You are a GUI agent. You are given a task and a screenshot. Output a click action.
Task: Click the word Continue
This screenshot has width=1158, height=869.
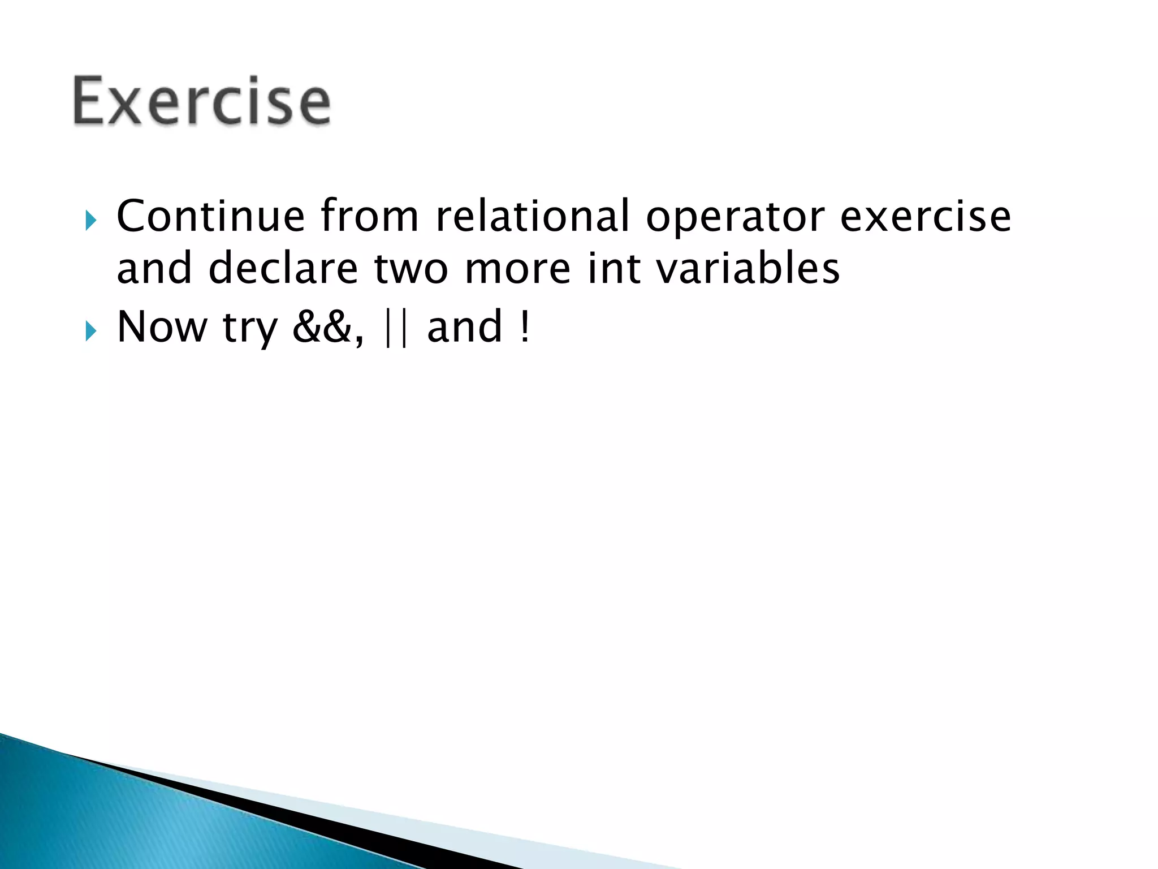tap(210, 216)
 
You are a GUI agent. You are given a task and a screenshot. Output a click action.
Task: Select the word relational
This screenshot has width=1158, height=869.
tap(532, 216)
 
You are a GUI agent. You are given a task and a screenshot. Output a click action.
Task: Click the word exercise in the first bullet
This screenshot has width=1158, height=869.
tap(925, 216)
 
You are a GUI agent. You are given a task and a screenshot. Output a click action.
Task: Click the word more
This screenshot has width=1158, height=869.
tap(517, 269)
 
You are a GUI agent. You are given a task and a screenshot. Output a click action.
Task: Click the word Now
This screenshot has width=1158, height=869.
tap(162, 327)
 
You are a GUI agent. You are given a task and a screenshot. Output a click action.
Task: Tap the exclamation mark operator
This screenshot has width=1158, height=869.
tap(525, 327)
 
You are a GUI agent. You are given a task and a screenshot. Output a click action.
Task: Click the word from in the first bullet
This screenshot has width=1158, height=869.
tap(369, 216)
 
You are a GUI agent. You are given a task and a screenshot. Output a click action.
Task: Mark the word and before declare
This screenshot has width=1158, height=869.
tap(154, 268)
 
